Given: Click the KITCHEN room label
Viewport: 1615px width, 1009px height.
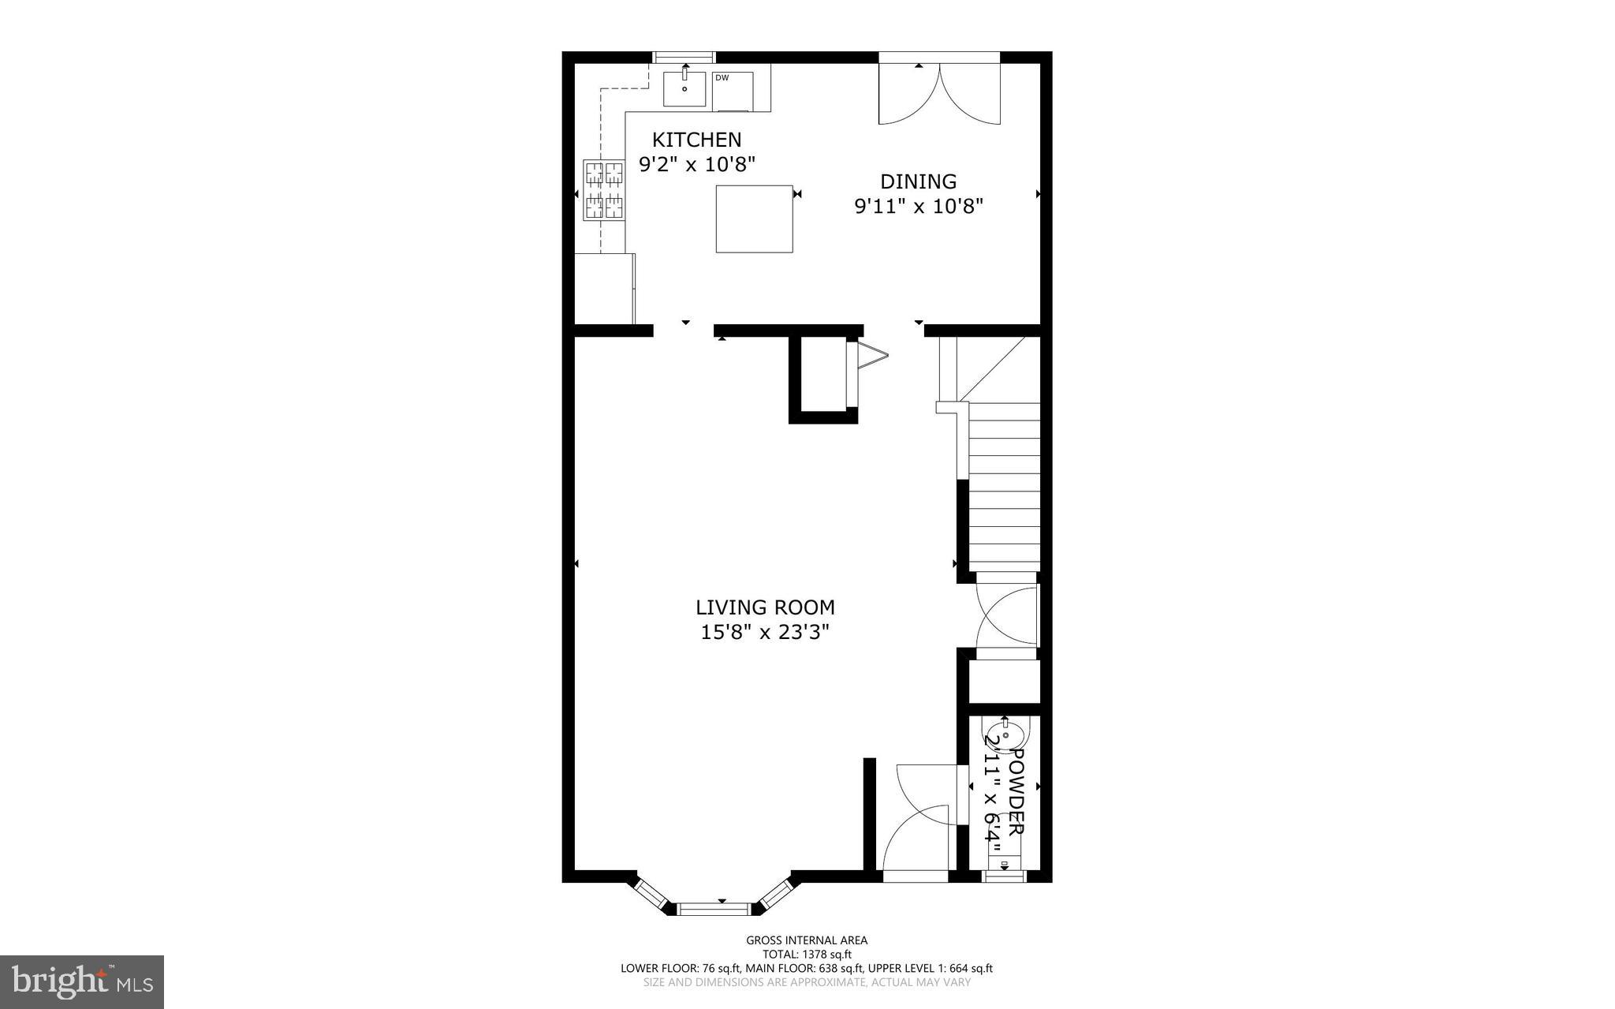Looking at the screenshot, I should [696, 140].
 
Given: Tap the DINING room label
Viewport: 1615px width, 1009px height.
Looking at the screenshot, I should [918, 181].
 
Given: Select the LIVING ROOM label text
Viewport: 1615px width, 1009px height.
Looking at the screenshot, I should [765, 607].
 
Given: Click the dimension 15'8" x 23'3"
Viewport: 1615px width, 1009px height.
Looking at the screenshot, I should [765, 632].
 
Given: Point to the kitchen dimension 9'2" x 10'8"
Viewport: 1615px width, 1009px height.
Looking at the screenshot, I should [696, 164].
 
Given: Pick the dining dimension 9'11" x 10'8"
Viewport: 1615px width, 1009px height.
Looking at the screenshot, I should [919, 207].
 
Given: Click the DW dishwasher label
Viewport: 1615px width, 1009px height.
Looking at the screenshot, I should [722, 77].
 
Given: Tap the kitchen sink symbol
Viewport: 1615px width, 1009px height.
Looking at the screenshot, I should [684, 88].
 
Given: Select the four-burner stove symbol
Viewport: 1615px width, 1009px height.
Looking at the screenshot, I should [604, 189].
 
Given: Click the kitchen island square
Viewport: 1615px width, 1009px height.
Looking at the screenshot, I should [754, 219].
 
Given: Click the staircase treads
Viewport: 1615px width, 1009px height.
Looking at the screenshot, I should [1003, 489].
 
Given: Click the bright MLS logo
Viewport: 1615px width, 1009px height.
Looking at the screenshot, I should [82, 981].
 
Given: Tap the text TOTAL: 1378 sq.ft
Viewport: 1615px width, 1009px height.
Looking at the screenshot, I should [807, 954].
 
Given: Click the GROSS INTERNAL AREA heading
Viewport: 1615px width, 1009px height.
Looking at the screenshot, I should [807, 940].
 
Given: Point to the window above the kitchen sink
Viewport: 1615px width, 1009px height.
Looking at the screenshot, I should [684, 57].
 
